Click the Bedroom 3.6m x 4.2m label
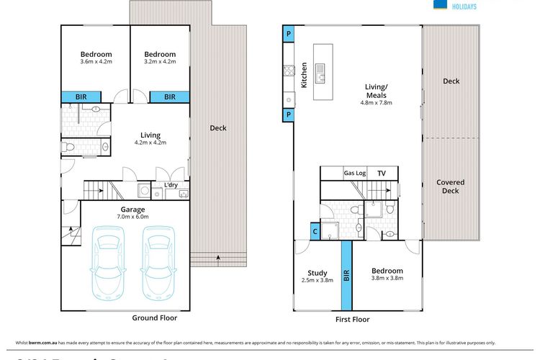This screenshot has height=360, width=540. click(x=96, y=58)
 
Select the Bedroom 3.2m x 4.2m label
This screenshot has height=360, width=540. click(x=159, y=58)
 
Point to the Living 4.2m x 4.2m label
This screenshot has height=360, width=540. click(x=150, y=138)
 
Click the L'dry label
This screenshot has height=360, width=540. click(x=171, y=185)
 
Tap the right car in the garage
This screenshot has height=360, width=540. click(x=158, y=264)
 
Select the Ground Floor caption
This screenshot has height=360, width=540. click(x=154, y=317)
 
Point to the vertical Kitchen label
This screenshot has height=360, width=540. click(x=303, y=75)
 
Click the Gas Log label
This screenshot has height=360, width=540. click(x=354, y=174)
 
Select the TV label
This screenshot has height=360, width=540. click(x=382, y=174)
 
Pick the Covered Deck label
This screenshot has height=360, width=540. click(x=450, y=186)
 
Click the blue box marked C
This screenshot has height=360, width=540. click(x=315, y=231)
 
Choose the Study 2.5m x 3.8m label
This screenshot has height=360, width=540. click(x=318, y=276)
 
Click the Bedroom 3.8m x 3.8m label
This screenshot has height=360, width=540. click(x=387, y=274)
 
